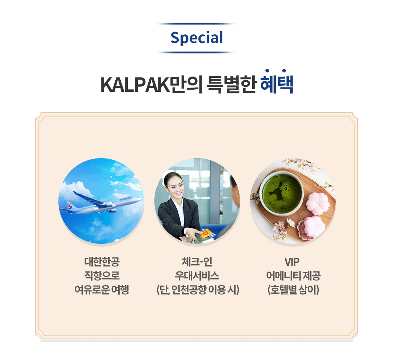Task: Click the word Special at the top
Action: (197, 38)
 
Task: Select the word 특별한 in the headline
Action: (231, 85)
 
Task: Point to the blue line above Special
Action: (197, 24)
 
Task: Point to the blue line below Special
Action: (197, 52)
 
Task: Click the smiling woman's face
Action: (176, 187)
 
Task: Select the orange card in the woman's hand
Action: (206, 232)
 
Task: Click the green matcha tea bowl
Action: (282, 194)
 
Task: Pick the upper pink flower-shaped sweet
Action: (318, 204)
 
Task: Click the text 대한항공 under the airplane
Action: (102, 262)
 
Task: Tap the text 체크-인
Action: (197, 262)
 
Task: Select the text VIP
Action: (292, 262)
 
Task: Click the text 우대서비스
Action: (197, 276)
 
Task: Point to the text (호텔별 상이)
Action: (293, 290)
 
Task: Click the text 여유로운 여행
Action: (102, 290)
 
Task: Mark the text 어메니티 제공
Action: (293, 276)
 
